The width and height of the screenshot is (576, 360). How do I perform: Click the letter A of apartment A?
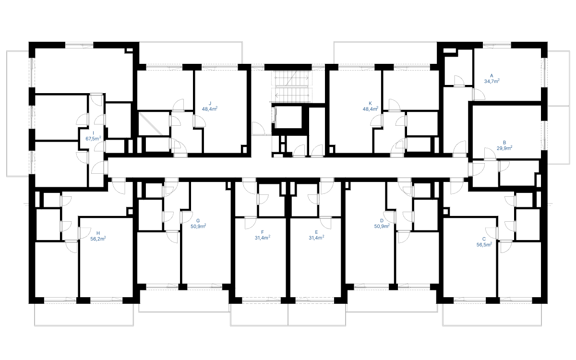tap(492, 76)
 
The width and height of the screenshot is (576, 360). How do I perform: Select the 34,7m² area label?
tap(492, 81)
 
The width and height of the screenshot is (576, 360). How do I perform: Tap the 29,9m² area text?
tap(504, 148)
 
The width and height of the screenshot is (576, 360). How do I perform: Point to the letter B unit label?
tap(504, 143)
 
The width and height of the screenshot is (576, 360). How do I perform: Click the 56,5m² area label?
tap(484, 244)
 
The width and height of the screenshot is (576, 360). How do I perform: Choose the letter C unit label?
tap(484, 239)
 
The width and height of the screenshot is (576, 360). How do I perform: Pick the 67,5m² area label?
tap(93, 139)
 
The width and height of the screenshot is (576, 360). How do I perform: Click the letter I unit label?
tap(93, 133)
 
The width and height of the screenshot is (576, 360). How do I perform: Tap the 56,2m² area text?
tap(98, 239)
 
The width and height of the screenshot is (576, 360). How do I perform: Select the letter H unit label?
tap(98, 233)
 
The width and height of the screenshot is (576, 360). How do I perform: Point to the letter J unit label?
tap(210, 103)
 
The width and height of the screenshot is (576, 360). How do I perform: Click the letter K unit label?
tap(370, 103)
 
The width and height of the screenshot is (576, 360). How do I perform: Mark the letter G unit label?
tap(198, 221)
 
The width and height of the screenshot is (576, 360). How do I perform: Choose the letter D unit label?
tap(382, 221)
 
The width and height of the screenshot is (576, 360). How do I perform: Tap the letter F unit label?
tap(262, 232)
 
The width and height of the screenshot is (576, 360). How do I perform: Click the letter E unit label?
tap(316, 232)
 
